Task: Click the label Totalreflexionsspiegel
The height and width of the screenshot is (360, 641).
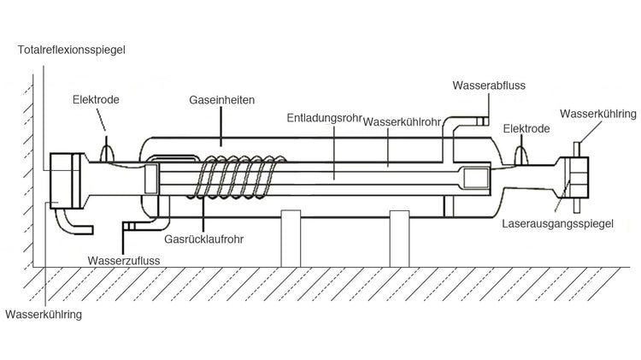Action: click(x=71, y=50)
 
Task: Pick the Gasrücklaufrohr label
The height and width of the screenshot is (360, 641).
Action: click(x=210, y=240)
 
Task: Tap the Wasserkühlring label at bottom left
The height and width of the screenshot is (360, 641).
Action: click(x=42, y=315)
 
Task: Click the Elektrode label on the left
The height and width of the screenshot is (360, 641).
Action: click(x=96, y=99)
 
